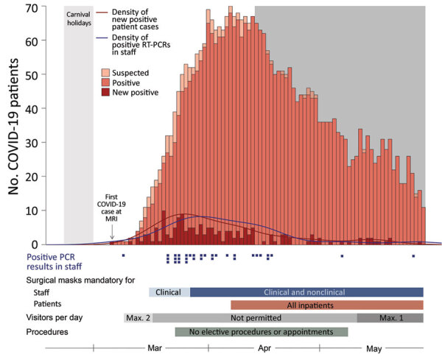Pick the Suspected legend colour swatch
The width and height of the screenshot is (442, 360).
pos(106,72)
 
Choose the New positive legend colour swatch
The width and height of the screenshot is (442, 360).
pos(106,93)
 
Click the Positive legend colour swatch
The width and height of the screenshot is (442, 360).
pos(106,82)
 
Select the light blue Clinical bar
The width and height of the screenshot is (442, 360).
pos(169,292)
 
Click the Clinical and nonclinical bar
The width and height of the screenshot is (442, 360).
pos(306,292)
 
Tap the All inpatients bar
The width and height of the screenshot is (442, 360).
pos(326,305)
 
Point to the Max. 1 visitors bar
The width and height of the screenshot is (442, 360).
pos(390,318)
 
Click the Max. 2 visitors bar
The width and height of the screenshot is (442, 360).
pos(138,318)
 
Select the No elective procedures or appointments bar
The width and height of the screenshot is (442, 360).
pos(261,332)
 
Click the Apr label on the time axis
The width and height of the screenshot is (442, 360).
pos(264,348)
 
